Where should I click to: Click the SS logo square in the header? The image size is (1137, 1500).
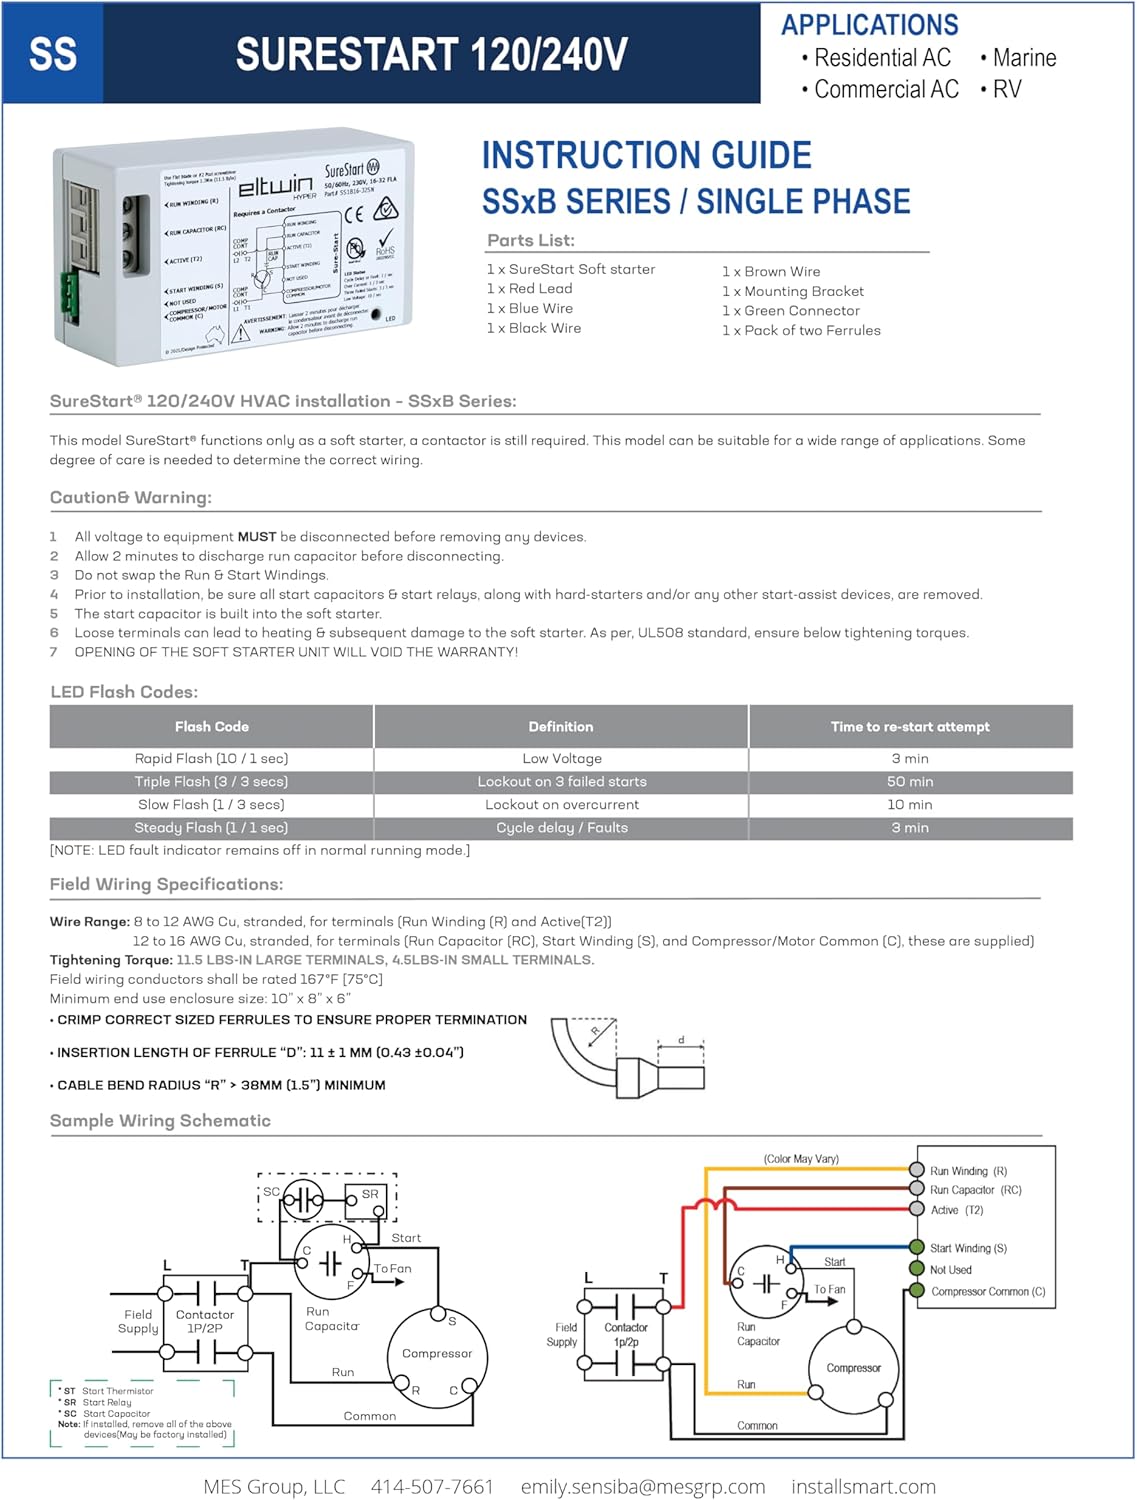pos(52,54)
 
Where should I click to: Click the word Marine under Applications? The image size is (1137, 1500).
pos(1024,58)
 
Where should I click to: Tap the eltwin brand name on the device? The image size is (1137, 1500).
pos(274,185)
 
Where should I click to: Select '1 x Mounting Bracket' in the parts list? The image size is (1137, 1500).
pos(792,291)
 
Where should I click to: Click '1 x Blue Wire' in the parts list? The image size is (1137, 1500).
pos(529,308)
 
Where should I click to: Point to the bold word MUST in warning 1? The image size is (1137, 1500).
pos(257,537)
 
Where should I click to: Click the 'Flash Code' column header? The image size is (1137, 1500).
pos(211,727)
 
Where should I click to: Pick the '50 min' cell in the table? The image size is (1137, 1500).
pos(909,782)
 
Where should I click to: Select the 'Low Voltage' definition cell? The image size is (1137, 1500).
pos(561,759)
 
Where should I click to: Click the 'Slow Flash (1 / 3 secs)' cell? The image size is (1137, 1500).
pos(211,805)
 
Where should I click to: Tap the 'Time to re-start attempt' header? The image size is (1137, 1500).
pos(909,727)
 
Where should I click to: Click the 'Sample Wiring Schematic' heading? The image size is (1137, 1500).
pos(160,1121)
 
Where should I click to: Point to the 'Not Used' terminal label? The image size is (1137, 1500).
pos(950,1270)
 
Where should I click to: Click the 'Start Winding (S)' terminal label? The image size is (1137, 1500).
pos(967,1248)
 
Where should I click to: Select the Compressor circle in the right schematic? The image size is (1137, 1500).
pos(853,1368)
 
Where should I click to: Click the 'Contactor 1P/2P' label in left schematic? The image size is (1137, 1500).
pos(205,1321)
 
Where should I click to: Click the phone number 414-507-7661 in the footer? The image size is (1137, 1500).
pos(432,1487)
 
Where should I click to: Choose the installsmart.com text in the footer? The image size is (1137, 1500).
pos(863,1487)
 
